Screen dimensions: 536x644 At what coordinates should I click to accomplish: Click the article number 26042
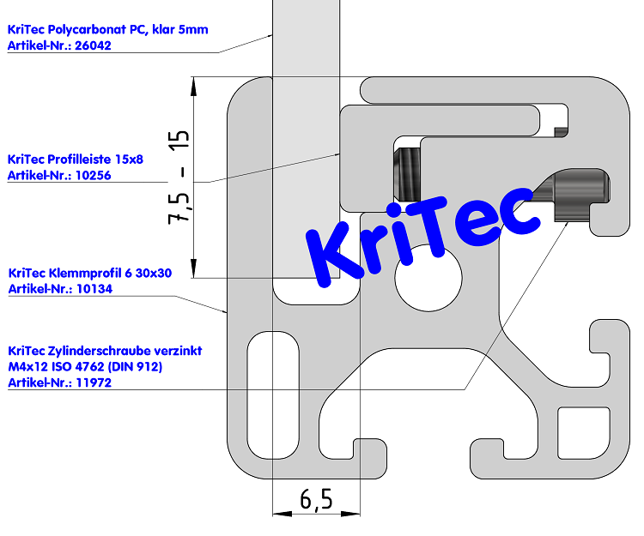tap(94, 46)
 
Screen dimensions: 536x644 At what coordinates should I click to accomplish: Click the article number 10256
tap(94, 175)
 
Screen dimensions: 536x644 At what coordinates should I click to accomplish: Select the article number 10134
tap(94, 289)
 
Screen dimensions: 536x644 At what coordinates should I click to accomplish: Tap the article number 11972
tap(94, 382)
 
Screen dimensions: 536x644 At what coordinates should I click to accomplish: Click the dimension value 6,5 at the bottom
tap(316, 498)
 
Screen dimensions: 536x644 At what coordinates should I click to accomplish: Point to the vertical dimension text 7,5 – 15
tap(179, 178)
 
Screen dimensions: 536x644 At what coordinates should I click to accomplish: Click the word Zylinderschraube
tap(104, 352)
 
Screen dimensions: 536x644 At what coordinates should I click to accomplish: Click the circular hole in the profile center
tap(428, 276)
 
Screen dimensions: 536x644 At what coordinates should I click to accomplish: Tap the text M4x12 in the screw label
tap(26, 367)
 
